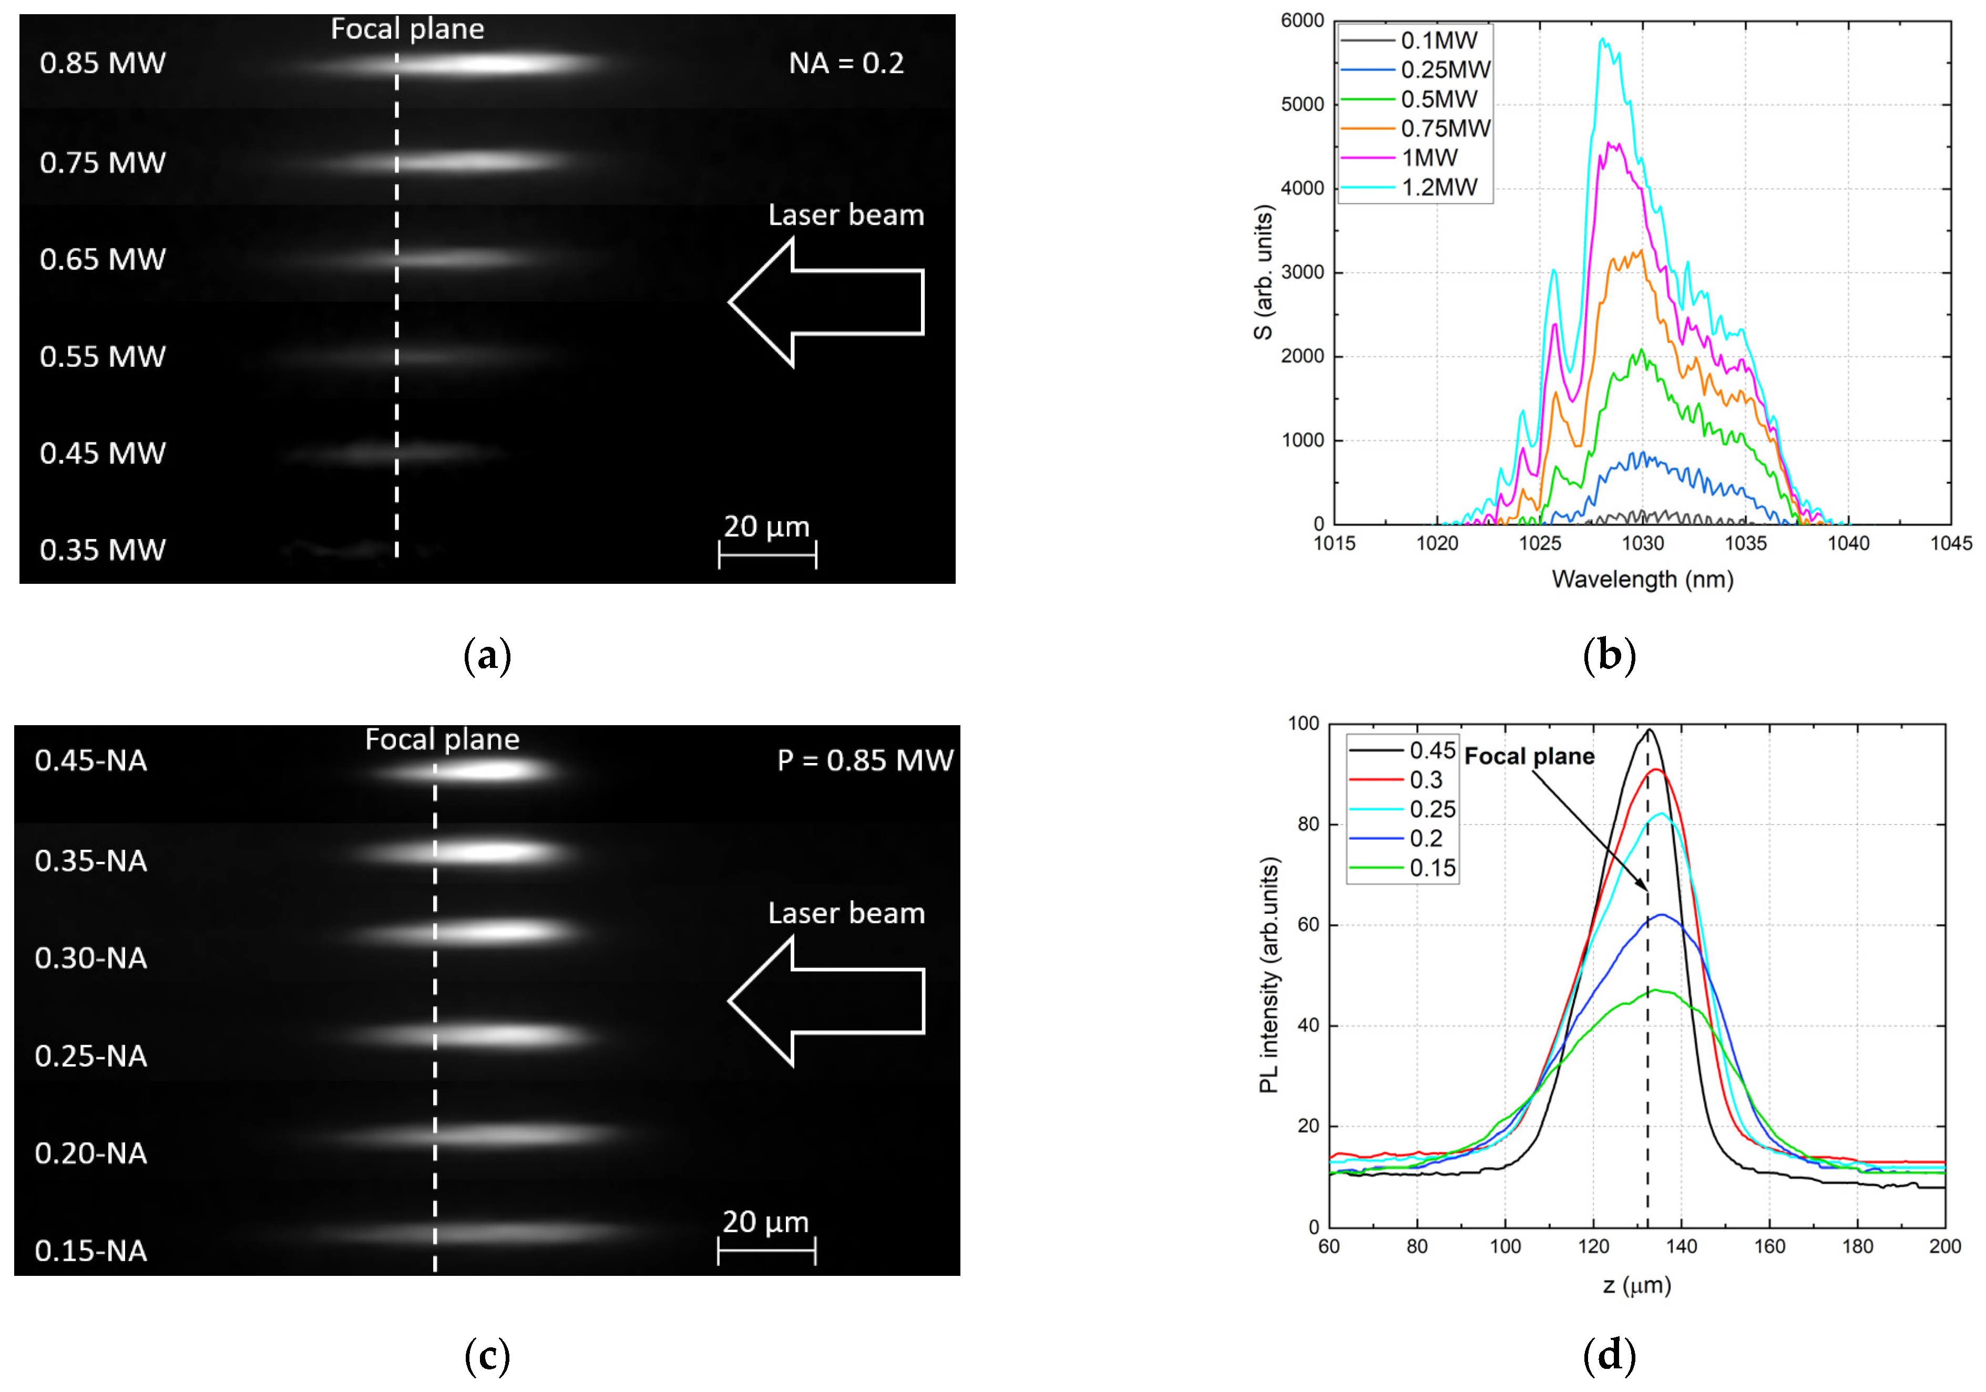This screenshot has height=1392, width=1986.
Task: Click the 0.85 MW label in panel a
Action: click(x=102, y=63)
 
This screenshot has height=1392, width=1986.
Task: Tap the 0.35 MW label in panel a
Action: click(x=102, y=550)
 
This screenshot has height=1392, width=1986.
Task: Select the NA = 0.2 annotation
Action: click(x=846, y=63)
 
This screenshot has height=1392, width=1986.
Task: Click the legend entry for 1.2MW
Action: click(x=1438, y=187)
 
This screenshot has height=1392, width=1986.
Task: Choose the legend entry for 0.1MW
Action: click(x=1438, y=40)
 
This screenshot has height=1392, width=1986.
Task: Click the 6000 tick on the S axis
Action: click(x=1302, y=20)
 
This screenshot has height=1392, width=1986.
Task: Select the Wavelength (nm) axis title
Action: click(x=1642, y=579)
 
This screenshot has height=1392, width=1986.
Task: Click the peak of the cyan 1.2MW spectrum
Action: click(x=1602, y=39)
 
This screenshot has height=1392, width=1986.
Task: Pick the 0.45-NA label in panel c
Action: click(x=91, y=761)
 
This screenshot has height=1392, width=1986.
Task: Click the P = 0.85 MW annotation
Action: click(x=865, y=761)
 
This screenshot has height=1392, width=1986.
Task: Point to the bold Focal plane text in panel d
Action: click(x=1529, y=757)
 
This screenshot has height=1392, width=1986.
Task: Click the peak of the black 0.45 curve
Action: click(x=1649, y=730)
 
